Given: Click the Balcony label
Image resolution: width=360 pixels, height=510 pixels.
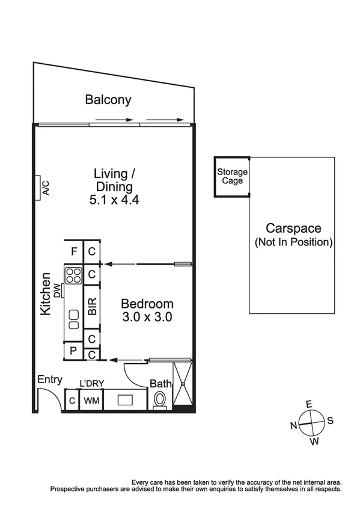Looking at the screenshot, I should coord(108,100).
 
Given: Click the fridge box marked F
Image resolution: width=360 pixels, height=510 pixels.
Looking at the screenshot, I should coord(74,251).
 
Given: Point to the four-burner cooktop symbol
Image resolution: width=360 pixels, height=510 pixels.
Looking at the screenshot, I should coord(74,275).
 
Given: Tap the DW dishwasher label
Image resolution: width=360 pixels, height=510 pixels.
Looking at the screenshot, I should coord(58,291).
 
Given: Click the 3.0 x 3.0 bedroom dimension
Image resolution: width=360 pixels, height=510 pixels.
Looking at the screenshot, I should coord(147,318).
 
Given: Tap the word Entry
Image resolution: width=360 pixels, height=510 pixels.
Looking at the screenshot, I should coord(50,379).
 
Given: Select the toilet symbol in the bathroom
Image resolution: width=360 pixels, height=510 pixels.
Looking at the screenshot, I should coord(160,399).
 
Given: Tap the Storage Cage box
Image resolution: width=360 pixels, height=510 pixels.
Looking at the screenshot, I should coord(232,176).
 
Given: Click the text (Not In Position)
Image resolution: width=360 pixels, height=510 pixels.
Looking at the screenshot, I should coord(293,242).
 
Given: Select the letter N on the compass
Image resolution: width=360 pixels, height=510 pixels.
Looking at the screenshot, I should coord(294,426).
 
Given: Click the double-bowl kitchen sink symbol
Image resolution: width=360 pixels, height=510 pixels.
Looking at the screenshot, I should coord(74,319).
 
